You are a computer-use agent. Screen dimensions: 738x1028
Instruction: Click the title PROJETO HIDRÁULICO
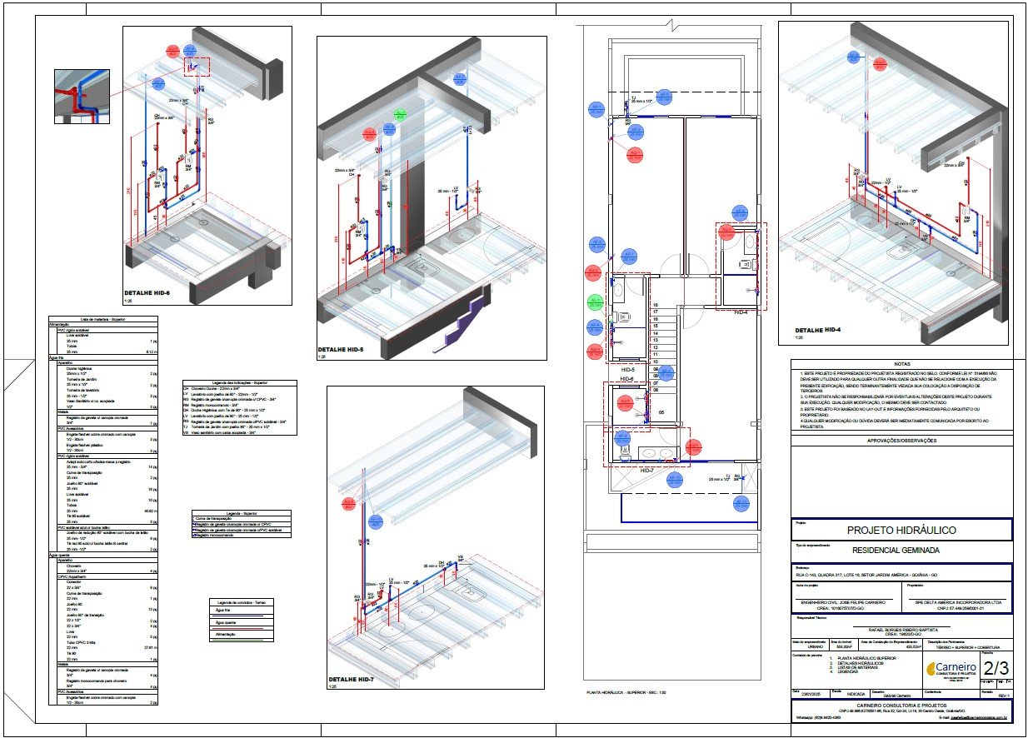(x=901, y=530)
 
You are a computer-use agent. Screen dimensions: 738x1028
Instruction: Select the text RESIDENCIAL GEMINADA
(x=901, y=551)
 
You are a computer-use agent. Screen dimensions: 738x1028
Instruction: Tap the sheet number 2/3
(x=996, y=668)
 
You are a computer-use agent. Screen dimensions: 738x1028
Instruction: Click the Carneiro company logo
(x=951, y=669)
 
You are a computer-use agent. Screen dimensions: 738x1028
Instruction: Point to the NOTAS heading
(x=901, y=364)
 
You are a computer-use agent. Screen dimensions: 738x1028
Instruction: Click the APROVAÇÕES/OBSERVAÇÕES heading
(x=901, y=441)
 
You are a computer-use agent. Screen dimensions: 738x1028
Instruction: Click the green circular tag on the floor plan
(x=595, y=301)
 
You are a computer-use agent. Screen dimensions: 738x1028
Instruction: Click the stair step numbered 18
(x=656, y=306)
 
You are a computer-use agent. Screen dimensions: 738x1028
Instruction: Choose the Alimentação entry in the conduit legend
(x=218, y=635)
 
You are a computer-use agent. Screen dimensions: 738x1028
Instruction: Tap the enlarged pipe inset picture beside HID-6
(x=82, y=97)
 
